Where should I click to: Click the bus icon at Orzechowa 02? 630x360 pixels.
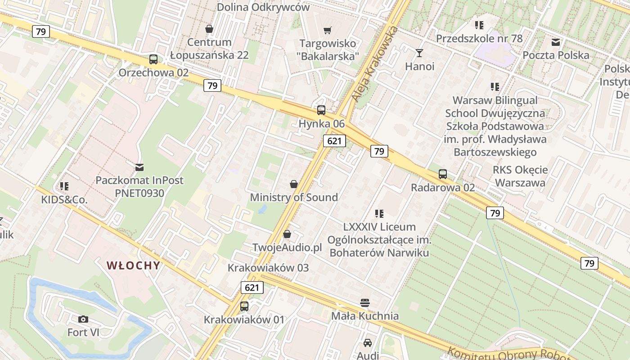(x=153, y=59)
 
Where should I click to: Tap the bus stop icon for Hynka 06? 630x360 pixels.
(x=321, y=110)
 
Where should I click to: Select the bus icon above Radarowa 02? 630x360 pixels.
(x=443, y=174)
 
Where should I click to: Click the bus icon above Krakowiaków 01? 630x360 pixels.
(x=244, y=306)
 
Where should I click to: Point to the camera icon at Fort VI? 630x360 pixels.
(x=83, y=319)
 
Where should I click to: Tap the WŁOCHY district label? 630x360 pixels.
(x=134, y=265)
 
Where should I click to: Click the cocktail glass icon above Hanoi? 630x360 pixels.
(x=419, y=53)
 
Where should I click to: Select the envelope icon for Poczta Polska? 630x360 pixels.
(x=556, y=42)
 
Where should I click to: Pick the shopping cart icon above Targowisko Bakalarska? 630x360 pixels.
(x=328, y=30)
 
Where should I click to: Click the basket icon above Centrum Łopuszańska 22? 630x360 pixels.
(x=209, y=29)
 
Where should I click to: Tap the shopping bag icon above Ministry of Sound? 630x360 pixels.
(x=294, y=184)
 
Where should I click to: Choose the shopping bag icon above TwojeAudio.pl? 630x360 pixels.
(x=287, y=234)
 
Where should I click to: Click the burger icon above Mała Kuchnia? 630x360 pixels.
(x=365, y=302)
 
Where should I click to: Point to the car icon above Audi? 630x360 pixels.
(x=368, y=342)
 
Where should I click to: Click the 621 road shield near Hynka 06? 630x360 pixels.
(x=334, y=141)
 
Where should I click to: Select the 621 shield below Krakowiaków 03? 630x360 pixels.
(x=252, y=287)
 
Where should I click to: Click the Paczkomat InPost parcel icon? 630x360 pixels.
(x=139, y=167)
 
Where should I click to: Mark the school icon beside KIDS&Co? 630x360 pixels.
(x=64, y=186)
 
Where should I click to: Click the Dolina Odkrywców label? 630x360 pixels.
(x=263, y=7)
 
